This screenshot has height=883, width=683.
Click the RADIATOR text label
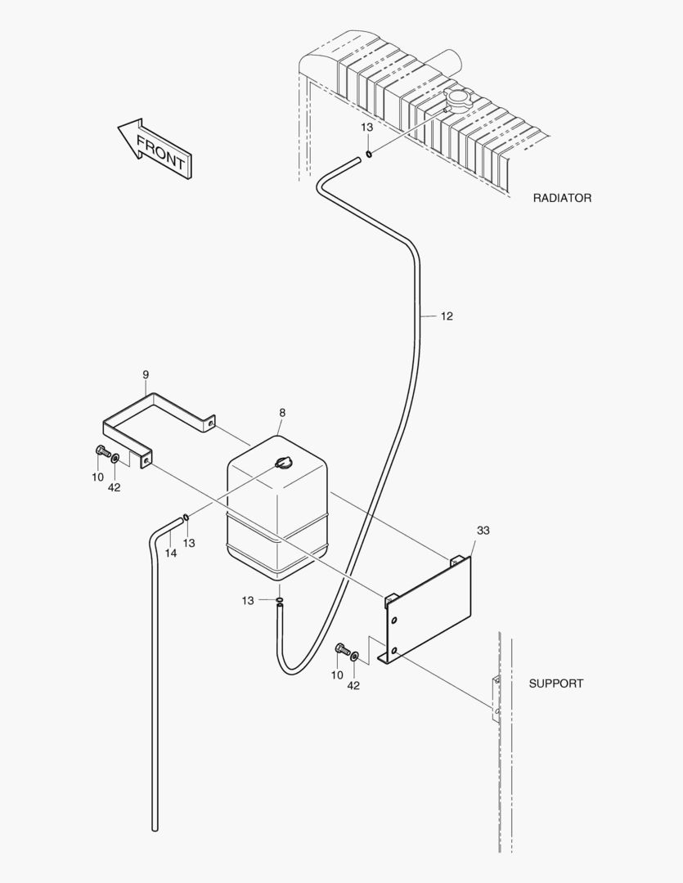tap(562, 198)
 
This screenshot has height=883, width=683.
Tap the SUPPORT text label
tap(555, 684)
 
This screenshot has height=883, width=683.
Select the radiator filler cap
tap(456, 101)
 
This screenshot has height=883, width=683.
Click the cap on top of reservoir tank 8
tap(284, 464)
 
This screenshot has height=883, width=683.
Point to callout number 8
tap(281, 414)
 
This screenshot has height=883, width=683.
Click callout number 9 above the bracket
tap(146, 374)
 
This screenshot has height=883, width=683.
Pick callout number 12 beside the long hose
tap(446, 316)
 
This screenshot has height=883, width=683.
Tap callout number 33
tap(483, 531)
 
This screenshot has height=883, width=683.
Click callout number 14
tap(170, 553)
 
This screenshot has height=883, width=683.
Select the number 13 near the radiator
tap(367, 128)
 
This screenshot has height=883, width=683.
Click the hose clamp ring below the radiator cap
tap(370, 153)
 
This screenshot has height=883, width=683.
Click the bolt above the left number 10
tap(101, 450)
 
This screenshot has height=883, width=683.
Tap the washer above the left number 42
tap(116, 458)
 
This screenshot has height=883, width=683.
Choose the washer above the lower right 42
tap(354, 656)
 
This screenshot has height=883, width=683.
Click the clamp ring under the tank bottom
tap(280, 601)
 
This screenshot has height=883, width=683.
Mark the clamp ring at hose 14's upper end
tap(187, 517)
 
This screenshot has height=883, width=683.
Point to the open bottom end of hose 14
tap(154, 829)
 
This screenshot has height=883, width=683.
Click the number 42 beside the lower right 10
tap(353, 686)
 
